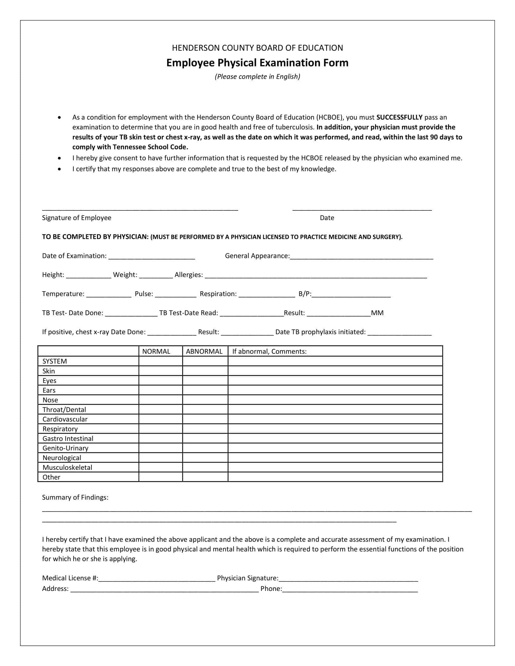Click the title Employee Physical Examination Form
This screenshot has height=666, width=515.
point(257,63)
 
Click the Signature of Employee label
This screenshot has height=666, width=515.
point(77,218)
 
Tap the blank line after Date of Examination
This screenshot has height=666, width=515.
point(152,257)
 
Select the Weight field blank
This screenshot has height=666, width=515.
point(156,276)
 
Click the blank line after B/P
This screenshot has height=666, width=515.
point(351,295)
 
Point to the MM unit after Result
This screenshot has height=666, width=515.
point(377,313)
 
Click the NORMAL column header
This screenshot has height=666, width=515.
point(156,351)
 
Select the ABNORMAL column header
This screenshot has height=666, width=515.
point(204,351)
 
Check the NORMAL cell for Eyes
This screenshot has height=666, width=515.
point(161,381)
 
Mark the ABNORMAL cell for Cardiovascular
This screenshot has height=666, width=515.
point(205,419)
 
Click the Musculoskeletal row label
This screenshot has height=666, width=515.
point(67,467)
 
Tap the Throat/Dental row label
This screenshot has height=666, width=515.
point(64,410)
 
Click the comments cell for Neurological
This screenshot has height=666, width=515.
point(335,458)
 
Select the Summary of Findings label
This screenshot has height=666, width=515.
point(75,497)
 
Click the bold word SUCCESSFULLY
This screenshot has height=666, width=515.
point(399,117)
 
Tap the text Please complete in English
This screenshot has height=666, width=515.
point(257,77)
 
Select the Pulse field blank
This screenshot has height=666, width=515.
point(176,295)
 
